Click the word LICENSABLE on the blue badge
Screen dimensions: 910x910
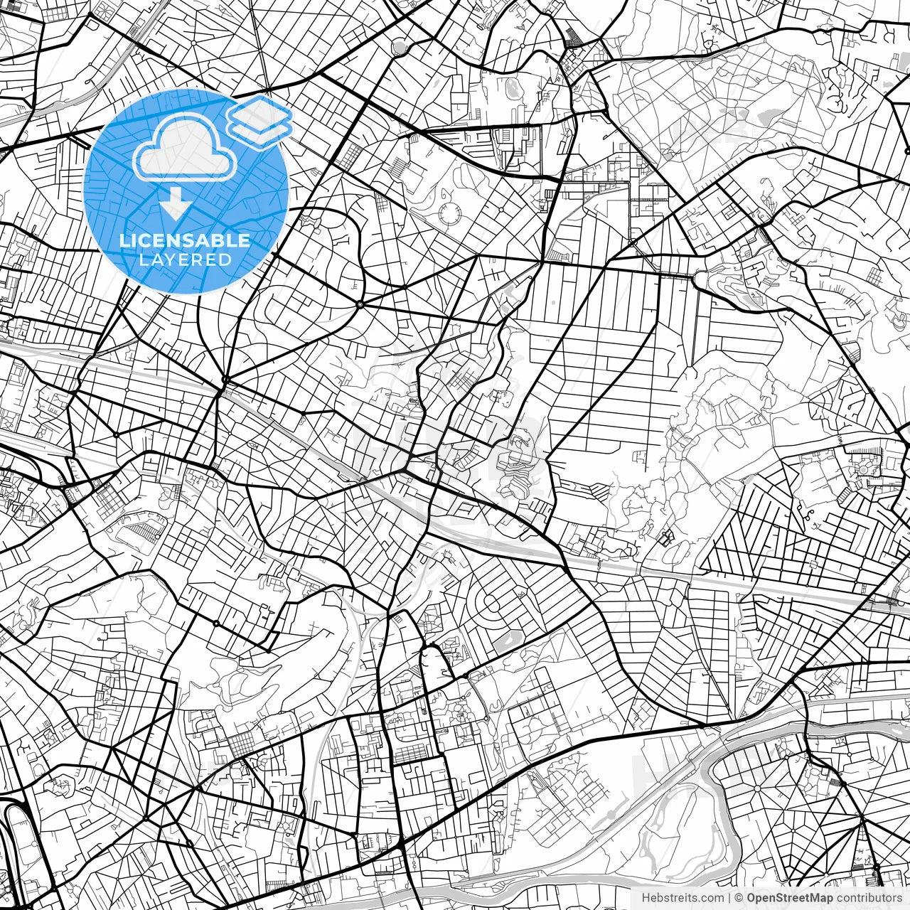[x=185, y=241]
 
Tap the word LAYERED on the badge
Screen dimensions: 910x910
[x=185, y=260]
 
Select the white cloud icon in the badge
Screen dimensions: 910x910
[x=185, y=148]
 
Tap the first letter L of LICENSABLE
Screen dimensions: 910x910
[x=123, y=241]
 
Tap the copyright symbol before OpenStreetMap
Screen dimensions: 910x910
[x=739, y=898]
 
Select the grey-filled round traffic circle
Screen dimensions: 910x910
[x=400, y=48]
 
